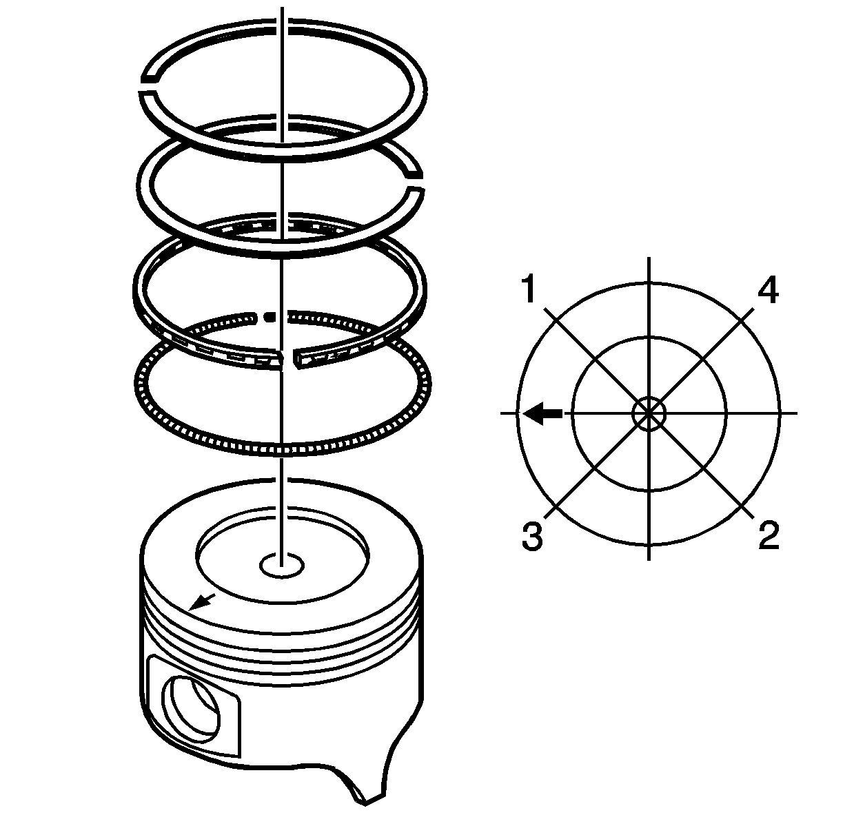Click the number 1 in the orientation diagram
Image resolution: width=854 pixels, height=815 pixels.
tap(529, 289)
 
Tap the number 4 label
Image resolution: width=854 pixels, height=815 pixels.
tap(768, 290)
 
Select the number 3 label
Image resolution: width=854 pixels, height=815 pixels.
tap(532, 535)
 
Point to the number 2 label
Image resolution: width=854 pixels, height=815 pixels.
tap(769, 535)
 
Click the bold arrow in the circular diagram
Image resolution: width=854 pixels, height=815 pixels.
tap(542, 413)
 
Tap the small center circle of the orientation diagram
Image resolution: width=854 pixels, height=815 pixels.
tap(649, 413)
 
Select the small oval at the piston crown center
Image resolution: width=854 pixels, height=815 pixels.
tap(282, 565)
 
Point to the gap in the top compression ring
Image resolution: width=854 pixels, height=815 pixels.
tap(148, 86)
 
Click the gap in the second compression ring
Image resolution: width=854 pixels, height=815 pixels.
tap(414, 183)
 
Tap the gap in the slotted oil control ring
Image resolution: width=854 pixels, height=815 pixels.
tap(289, 358)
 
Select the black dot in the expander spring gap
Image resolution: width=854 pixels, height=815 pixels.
tap(269, 317)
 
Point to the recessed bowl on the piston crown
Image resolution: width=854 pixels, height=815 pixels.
tap(282, 556)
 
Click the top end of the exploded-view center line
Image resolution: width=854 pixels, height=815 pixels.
tap(282, 7)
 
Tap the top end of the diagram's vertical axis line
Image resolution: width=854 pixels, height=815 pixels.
tap(649, 257)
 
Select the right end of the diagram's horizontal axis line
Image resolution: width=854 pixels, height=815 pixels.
tap(797, 413)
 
